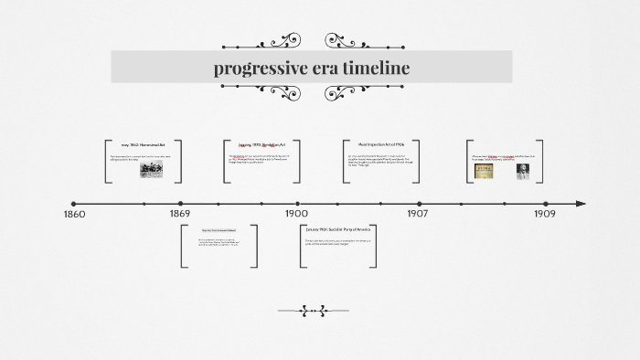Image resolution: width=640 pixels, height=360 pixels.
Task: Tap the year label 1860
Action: click(x=75, y=215)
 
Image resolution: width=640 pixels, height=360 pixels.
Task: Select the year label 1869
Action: click(x=180, y=215)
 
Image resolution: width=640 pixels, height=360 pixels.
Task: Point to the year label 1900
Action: click(x=296, y=215)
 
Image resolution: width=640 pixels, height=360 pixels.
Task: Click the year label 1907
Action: click(x=418, y=215)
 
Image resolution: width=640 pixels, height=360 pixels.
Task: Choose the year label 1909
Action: click(x=545, y=215)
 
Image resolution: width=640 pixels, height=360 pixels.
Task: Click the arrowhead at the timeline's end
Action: click(x=581, y=204)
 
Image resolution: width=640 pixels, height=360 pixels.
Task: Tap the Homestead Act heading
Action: click(x=144, y=145)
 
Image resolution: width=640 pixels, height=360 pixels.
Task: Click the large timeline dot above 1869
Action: click(x=180, y=204)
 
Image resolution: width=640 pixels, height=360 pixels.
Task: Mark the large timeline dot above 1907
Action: click(x=419, y=204)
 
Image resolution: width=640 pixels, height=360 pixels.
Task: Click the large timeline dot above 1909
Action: click(x=545, y=204)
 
